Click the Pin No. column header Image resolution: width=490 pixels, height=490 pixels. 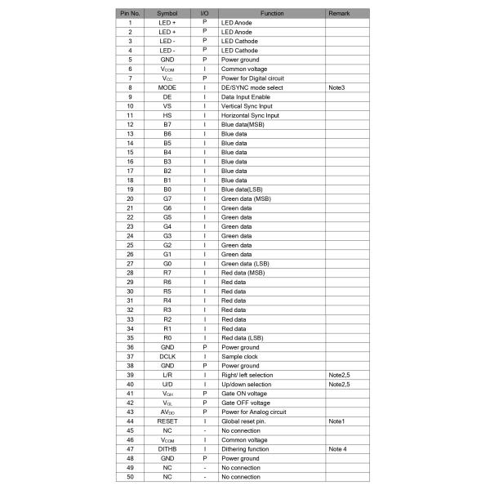(130, 14)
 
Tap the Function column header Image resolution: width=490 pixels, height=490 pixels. (272, 14)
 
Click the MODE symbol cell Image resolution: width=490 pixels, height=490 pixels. (167, 87)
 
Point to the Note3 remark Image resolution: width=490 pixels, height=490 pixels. (336, 87)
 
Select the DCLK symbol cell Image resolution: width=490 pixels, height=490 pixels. (167, 356)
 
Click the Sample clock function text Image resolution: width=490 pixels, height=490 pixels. (240, 356)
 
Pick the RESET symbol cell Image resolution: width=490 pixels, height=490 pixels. (167, 421)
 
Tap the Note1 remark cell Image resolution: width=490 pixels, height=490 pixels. (336, 421)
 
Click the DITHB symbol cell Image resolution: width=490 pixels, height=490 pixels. (167, 449)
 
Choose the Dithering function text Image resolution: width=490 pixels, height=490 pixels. (245, 449)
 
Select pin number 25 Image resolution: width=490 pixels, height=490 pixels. (130, 245)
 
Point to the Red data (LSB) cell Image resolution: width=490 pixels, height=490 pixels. (243, 337)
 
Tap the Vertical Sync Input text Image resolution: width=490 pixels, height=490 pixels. (248, 105)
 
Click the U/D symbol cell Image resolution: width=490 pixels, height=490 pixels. (167, 384)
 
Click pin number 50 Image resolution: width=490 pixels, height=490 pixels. (130, 477)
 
